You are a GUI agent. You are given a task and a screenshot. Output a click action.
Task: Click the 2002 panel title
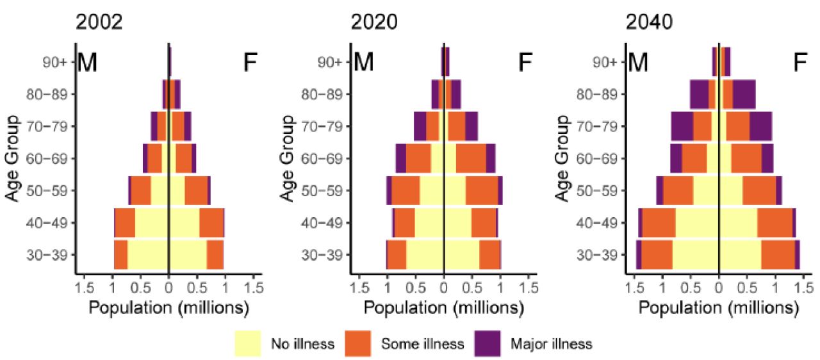click(x=99, y=22)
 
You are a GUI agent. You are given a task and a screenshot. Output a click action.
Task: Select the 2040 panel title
click(x=649, y=22)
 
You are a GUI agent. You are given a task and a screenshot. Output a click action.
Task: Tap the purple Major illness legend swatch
click(x=488, y=343)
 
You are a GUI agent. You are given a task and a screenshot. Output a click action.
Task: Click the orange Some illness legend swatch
click(x=357, y=343)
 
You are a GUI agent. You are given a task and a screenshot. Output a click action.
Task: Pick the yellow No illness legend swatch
click(x=248, y=343)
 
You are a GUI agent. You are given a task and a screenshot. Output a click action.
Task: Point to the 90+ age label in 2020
click(x=329, y=62)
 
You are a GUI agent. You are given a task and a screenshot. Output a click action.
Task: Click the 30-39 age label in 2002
click(x=47, y=255)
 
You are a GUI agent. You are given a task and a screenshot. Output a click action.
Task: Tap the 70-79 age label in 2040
click(x=597, y=127)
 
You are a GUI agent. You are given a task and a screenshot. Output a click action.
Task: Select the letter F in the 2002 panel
click(x=250, y=62)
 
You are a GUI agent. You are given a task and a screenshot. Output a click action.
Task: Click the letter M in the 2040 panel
click(x=638, y=62)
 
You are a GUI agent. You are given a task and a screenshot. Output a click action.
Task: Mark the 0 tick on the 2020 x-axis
click(x=444, y=288)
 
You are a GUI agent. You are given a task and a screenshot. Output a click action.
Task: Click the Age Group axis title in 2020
click(x=287, y=158)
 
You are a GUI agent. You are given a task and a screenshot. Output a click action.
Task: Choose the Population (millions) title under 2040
click(x=719, y=307)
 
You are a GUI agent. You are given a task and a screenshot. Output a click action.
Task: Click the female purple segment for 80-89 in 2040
click(x=744, y=94)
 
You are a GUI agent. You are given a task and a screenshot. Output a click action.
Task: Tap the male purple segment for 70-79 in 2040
click(x=682, y=127)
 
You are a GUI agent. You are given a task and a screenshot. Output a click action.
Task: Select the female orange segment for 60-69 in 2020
click(x=471, y=158)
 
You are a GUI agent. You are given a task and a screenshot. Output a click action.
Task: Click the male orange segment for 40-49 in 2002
click(x=125, y=223)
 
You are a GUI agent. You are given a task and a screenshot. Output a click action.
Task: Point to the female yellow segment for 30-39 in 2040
click(x=740, y=255)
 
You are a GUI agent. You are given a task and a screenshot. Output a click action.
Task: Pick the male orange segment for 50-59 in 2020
click(x=406, y=191)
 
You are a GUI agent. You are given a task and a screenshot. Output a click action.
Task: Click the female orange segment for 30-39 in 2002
click(x=215, y=255)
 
